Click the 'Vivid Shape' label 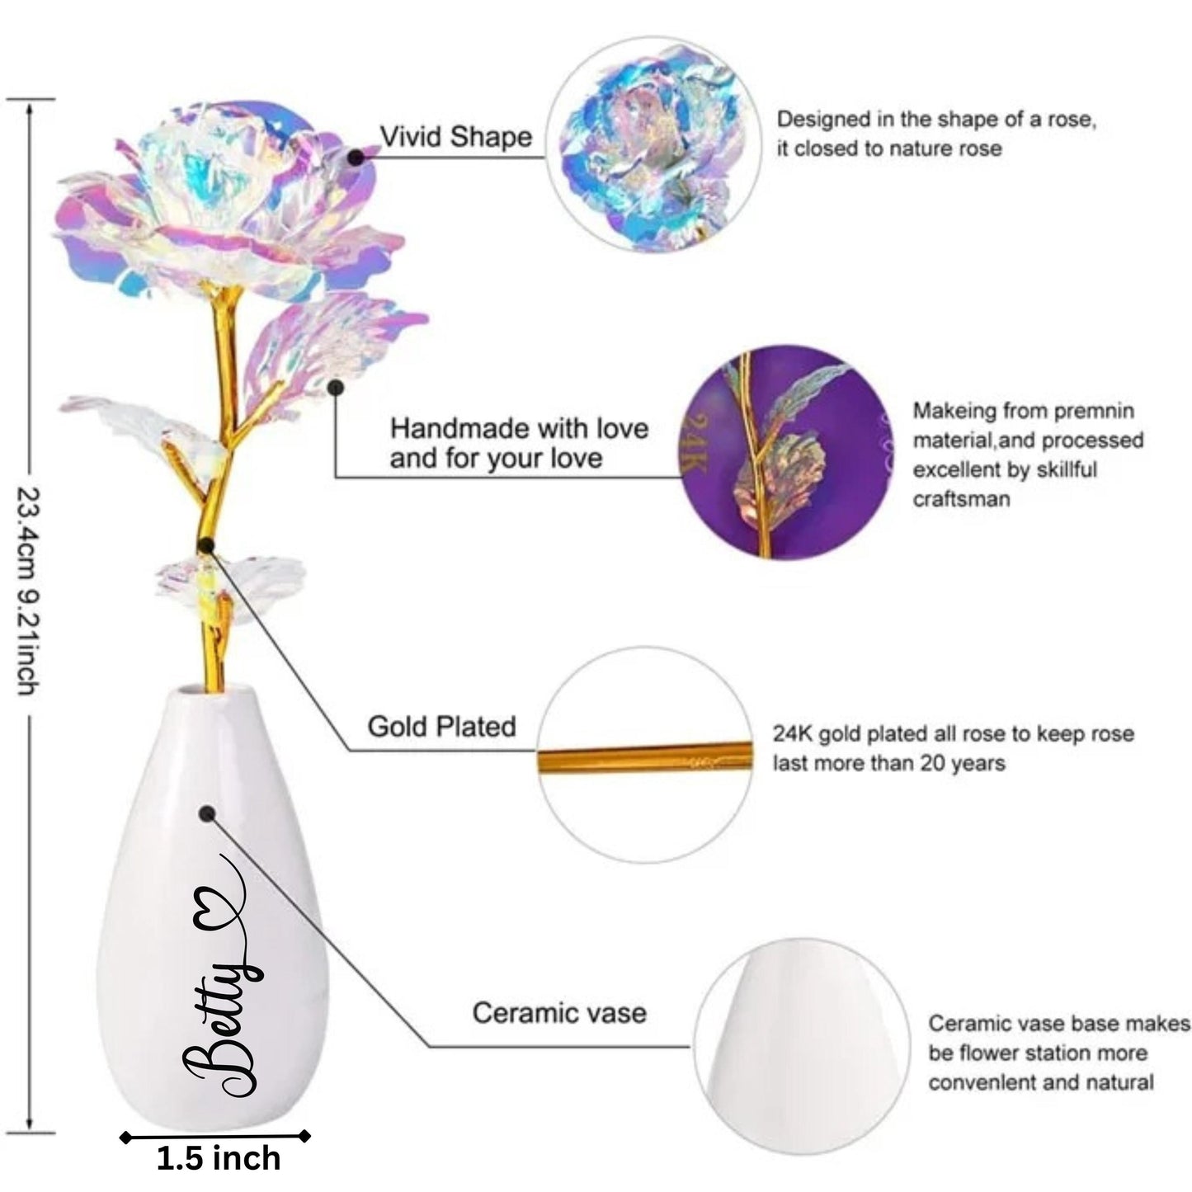tap(455, 137)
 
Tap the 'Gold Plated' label tap(441, 727)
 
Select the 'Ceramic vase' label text tap(558, 1013)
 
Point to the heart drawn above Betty tap(217, 911)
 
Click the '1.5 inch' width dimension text tap(218, 1158)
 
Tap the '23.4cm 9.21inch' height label tap(29, 590)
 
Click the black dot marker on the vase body tap(206, 814)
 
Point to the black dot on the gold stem tap(206, 544)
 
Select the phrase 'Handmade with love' tap(519, 428)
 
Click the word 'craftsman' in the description tap(961, 499)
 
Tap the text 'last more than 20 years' tap(888, 763)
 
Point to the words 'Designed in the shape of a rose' tap(936, 120)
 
